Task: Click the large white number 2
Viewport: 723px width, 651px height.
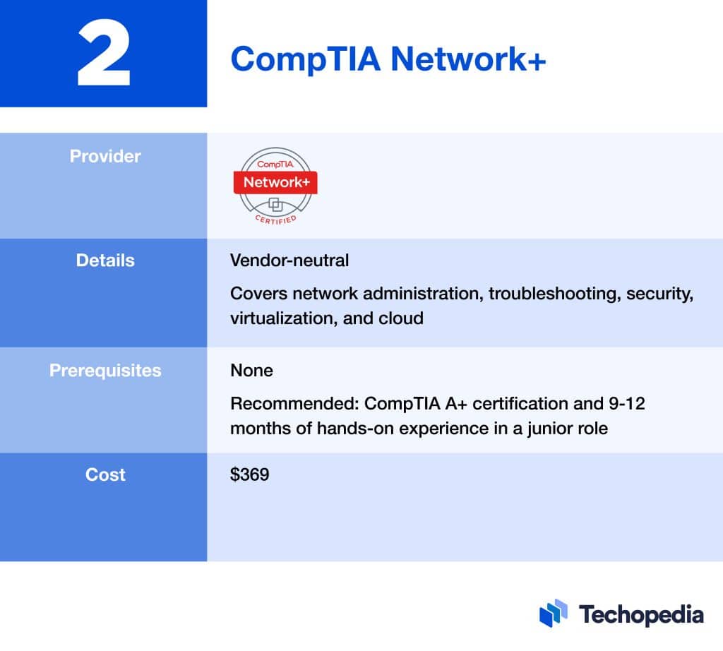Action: (x=104, y=54)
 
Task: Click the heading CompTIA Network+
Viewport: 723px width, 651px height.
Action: (x=388, y=59)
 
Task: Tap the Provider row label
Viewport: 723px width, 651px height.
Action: (x=105, y=156)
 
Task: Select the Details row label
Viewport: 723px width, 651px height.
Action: (x=105, y=260)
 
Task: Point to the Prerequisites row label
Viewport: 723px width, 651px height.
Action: (x=105, y=370)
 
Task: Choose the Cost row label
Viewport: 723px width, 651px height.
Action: (x=105, y=474)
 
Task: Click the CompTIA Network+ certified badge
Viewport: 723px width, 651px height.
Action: (x=275, y=186)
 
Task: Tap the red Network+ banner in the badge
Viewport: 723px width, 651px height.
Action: (x=275, y=182)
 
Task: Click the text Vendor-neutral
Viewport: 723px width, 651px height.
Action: (x=289, y=261)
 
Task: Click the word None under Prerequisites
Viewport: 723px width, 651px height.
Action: (x=251, y=370)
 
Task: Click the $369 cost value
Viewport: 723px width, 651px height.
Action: (x=249, y=474)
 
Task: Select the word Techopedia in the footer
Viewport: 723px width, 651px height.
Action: (x=640, y=614)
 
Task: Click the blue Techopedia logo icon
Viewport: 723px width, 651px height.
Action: (x=554, y=613)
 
